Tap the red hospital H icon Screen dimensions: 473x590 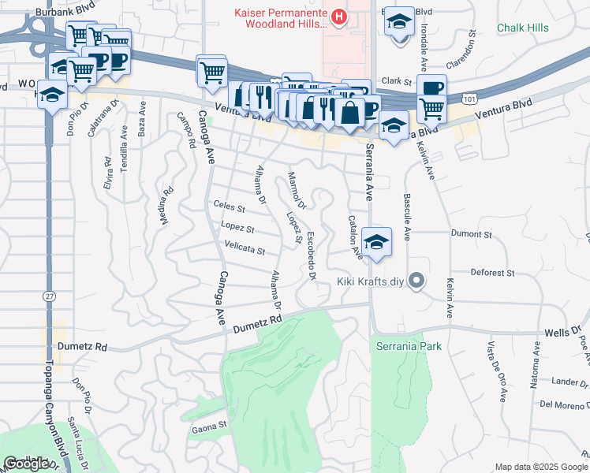click(x=338, y=16)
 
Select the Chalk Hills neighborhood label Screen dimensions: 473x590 click(x=523, y=28)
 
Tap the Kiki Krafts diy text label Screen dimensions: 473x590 click(x=371, y=281)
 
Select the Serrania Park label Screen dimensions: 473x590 click(x=408, y=346)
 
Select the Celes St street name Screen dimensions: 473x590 click(x=230, y=207)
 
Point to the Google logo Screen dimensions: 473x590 click(x=27, y=464)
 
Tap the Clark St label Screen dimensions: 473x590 click(x=398, y=81)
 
